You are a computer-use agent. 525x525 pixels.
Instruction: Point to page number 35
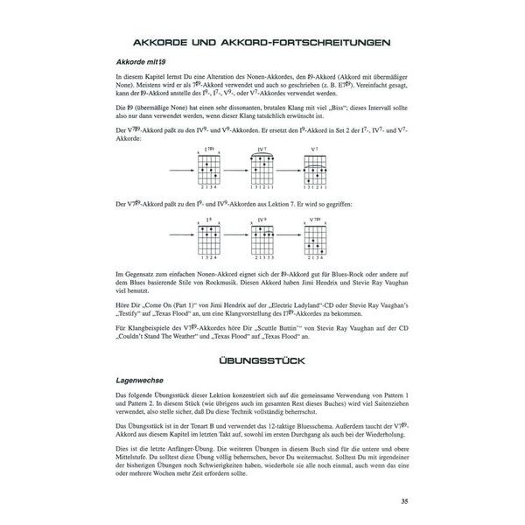pos(402,501)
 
